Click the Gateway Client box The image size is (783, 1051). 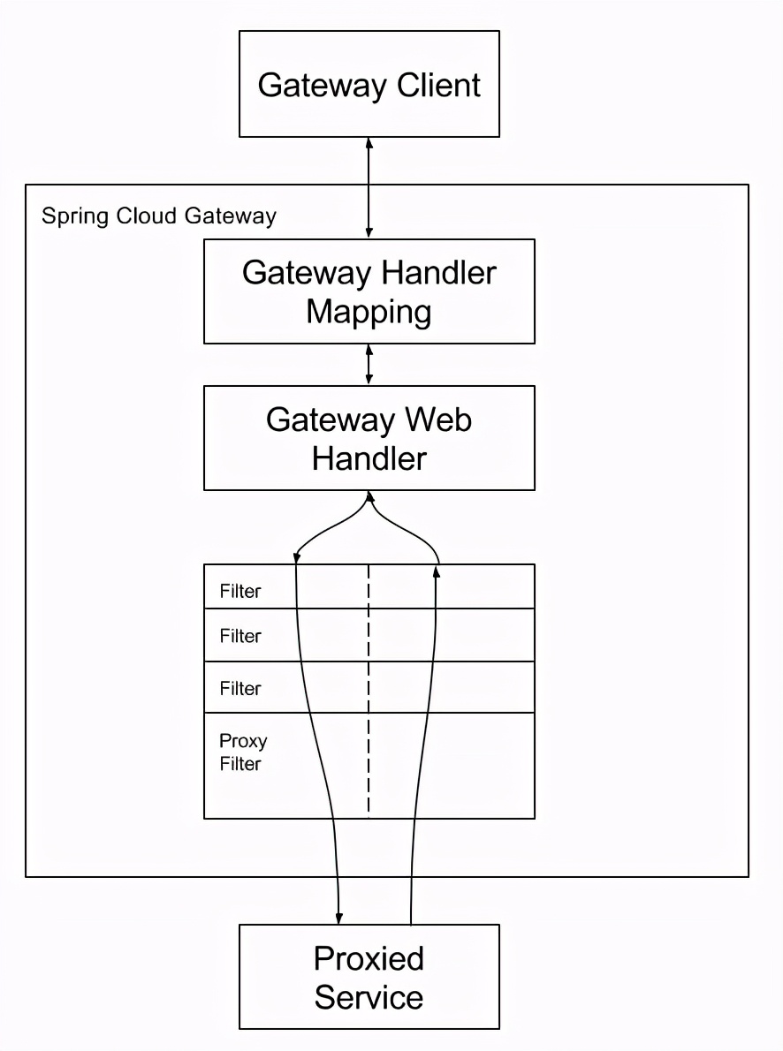coord(369,84)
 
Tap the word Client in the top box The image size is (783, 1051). coord(438,86)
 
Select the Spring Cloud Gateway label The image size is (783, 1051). coord(159,216)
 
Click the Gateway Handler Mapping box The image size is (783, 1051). coord(369,291)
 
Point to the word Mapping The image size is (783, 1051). coord(369,313)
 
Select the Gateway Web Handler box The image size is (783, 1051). coord(369,438)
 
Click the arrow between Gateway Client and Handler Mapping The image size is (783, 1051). coord(369,187)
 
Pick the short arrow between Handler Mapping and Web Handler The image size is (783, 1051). coord(369,365)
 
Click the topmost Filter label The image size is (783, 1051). coord(240,592)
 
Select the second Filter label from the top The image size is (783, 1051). coord(240,636)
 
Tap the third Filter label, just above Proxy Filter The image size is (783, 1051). coord(240,688)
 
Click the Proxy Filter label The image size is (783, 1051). coord(242,752)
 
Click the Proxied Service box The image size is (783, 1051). coord(369,977)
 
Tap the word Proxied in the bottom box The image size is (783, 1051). coord(369,958)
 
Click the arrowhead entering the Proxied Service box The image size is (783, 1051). coord(339,919)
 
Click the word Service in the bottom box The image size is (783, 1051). coord(369,998)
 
